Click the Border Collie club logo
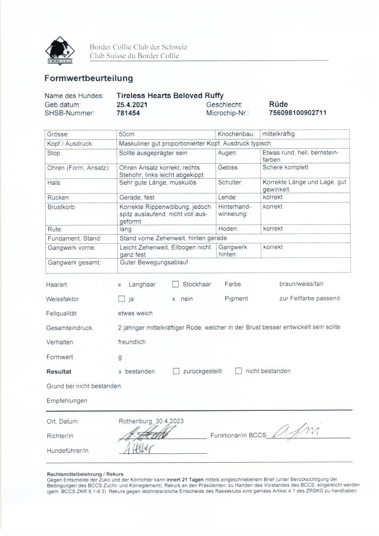click(60, 50)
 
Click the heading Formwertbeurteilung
click(88, 78)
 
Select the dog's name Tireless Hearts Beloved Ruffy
click(170, 96)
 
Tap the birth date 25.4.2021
click(132, 105)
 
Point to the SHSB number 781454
click(128, 113)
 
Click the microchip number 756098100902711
click(298, 113)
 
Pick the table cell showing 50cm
click(126, 134)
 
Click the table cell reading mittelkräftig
click(278, 134)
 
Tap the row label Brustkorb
click(62, 207)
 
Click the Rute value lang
click(125, 229)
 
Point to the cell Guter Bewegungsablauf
click(154, 263)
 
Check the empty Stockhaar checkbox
click(176, 284)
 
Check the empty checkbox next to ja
click(121, 299)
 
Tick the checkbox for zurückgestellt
click(176, 371)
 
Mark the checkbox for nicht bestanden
click(238, 371)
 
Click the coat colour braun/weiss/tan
click(301, 284)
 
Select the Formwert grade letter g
click(121, 357)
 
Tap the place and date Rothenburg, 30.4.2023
click(151, 421)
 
